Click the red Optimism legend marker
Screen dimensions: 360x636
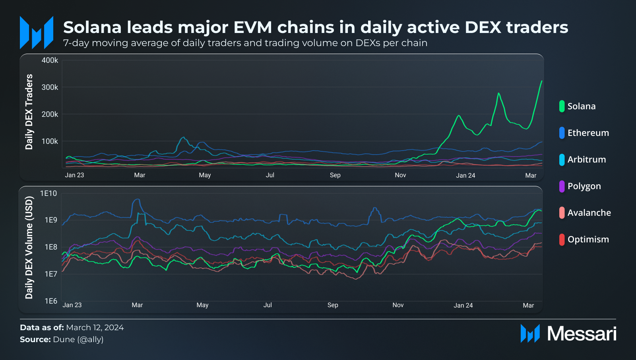(562, 240)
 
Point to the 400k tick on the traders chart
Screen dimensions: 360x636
(50, 60)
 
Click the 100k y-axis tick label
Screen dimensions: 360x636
(50, 141)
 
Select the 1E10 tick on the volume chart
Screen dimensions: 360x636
(48, 194)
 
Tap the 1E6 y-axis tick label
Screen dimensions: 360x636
(50, 301)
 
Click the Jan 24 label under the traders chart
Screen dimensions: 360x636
(465, 175)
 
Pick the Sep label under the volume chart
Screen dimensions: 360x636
(333, 305)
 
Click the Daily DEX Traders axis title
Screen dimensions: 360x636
(29, 112)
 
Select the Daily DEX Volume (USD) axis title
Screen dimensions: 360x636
(29, 248)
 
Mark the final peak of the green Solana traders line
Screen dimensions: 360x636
(541, 81)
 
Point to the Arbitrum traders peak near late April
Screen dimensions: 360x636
(183, 137)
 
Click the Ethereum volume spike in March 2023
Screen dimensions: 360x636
(137, 199)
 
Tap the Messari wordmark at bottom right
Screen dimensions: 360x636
(582, 334)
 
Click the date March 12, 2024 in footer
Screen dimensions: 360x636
(95, 328)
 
